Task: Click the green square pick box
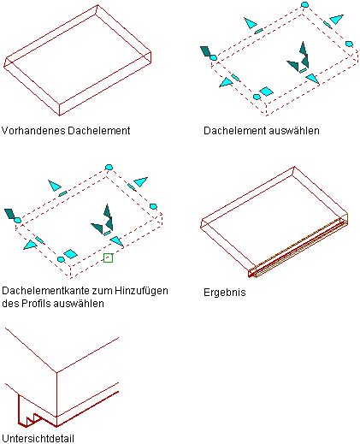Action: click(108, 258)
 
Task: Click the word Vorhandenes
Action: click(33, 131)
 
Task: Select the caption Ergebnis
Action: click(225, 293)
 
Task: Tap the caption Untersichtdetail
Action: click(38, 438)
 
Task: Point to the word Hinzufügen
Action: click(141, 291)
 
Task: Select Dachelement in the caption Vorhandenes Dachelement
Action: click(99, 131)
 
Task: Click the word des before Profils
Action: click(10, 303)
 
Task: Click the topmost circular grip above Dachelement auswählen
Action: click(304, 4)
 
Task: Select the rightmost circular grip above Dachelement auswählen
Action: click(349, 44)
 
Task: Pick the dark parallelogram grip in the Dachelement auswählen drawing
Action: click(206, 51)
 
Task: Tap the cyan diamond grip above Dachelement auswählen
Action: click(266, 92)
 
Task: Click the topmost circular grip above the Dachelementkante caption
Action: click(109, 167)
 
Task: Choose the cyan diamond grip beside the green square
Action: click(70, 254)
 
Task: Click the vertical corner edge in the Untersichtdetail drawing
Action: click(56, 400)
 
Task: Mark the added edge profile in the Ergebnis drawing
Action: click(298, 246)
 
